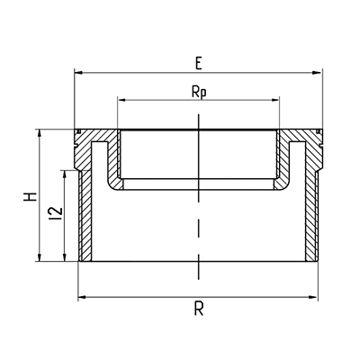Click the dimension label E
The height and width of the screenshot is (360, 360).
click(198, 64)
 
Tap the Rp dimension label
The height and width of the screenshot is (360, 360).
click(199, 93)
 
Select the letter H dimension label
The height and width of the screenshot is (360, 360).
click(31, 196)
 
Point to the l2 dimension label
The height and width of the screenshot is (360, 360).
click(57, 213)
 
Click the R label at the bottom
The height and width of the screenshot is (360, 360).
click(199, 309)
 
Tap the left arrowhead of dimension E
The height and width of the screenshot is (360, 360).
click(78, 72)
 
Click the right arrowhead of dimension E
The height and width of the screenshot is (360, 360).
click(317, 72)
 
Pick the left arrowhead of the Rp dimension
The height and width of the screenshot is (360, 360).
click(121, 100)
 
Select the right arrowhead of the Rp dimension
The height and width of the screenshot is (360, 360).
click(275, 100)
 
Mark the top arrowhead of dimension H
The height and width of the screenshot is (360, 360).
click(39, 134)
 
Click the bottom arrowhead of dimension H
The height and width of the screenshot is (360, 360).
click(39, 257)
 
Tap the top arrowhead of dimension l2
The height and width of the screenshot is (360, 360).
click(64, 175)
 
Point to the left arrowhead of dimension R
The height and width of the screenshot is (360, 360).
click(82, 297)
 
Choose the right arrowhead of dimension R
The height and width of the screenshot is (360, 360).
click(313, 297)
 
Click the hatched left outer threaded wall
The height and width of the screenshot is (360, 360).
click(85, 215)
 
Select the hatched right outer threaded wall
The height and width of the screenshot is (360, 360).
click(311, 215)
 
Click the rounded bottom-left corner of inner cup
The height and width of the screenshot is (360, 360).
click(113, 184)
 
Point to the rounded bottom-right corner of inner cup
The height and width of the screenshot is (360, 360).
click(283, 184)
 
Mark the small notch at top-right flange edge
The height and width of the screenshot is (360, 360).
click(318, 131)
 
